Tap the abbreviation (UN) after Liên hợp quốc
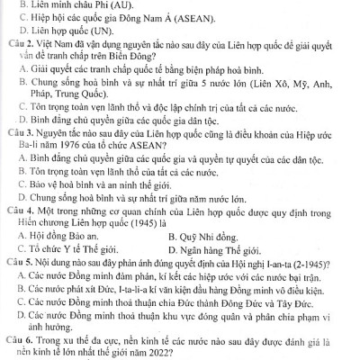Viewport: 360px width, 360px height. click(104, 42)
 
